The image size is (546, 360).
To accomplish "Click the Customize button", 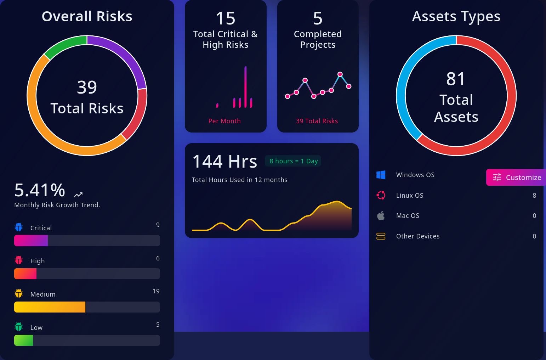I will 517,177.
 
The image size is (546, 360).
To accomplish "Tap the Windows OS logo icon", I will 381,175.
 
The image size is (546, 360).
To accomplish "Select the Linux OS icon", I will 381,195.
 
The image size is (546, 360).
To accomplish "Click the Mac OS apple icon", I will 381,216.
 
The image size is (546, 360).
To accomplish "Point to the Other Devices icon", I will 381,236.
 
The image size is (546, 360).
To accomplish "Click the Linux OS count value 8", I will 534,195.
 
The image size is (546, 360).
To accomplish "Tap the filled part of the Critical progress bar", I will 31,241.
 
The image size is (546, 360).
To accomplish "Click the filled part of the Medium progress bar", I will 50,307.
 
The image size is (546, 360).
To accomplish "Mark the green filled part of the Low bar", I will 23,340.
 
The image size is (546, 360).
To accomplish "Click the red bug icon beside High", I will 19,260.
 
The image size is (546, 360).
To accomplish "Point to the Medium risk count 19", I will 156,291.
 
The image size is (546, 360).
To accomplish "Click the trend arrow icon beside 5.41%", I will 78,195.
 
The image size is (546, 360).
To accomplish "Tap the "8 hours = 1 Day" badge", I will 294,161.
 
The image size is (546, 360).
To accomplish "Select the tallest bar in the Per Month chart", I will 245,87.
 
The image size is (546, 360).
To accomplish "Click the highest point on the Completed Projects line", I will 340,74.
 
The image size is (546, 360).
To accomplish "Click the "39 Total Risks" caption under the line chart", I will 317,121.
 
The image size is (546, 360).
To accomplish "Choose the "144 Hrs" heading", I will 224,162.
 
